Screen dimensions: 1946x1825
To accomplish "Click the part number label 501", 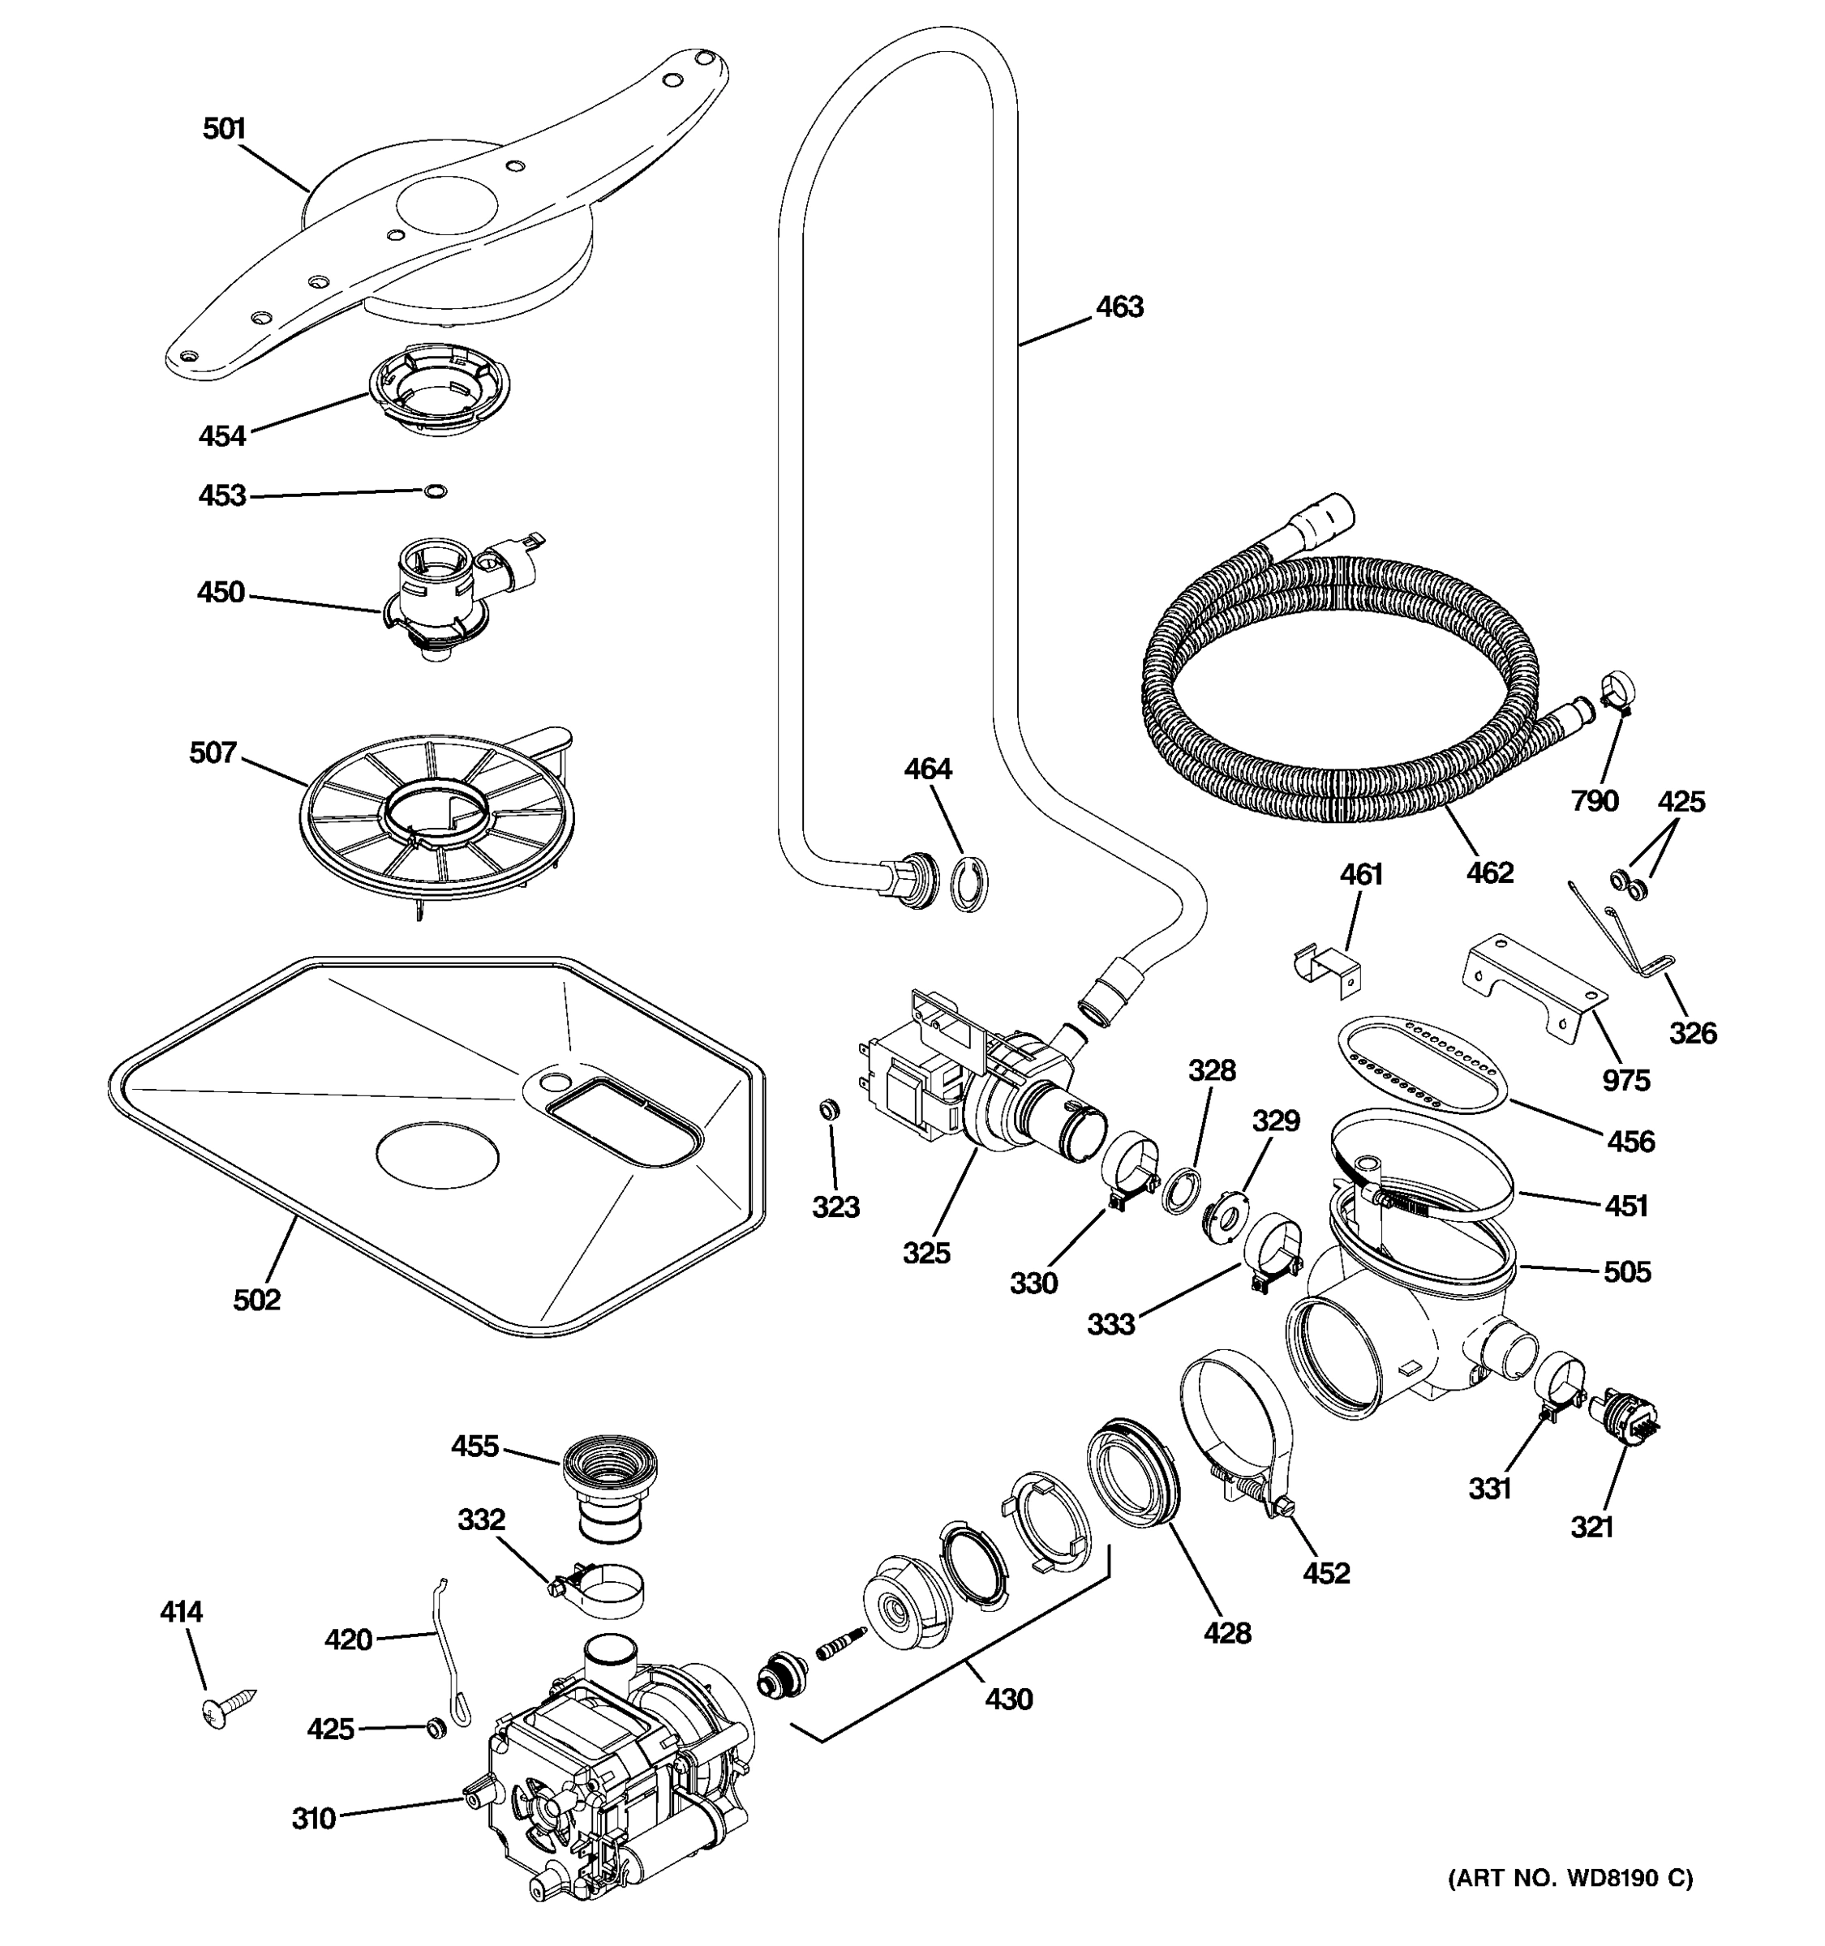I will pyautogui.click(x=224, y=129).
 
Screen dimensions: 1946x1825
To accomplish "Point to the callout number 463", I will pyautogui.click(x=1119, y=307).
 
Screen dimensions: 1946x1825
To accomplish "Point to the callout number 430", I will pyautogui.click(x=1008, y=1700).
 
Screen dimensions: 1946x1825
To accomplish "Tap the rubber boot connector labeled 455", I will pyautogui.click(x=609, y=1489).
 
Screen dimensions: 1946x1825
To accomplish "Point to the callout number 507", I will pyautogui.click(x=213, y=752).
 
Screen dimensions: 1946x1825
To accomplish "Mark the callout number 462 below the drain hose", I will pyautogui.click(x=1489, y=872).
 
